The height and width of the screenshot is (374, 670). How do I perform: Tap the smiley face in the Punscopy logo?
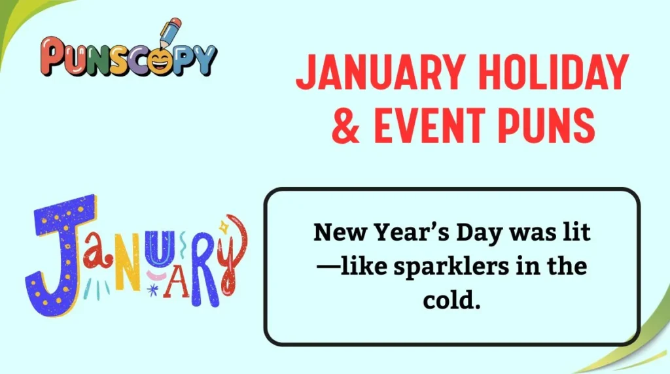(x=158, y=59)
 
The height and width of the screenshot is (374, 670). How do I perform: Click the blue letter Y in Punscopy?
(x=203, y=60)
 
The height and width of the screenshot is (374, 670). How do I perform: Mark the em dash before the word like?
(x=329, y=268)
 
